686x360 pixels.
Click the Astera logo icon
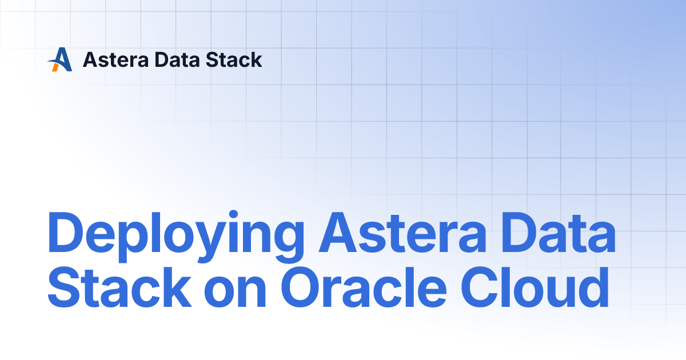(x=60, y=59)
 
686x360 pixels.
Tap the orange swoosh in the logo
(x=55, y=66)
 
